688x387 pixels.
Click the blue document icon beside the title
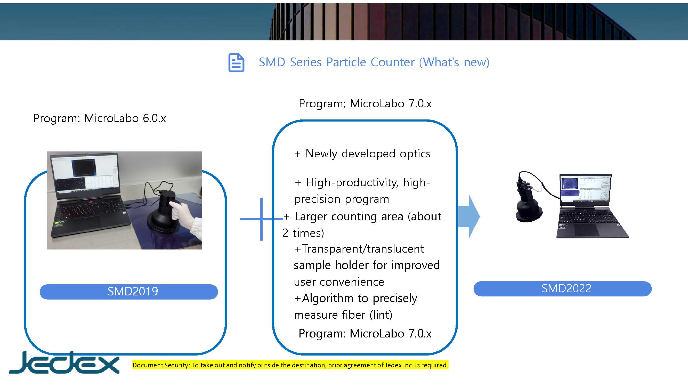click(x=236, y=62)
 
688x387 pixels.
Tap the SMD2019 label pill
click(x=129, y=291)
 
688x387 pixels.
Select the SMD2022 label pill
click(x=562, y=288)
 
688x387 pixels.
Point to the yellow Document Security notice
click(x=290, y=365)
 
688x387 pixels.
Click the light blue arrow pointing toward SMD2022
click(x=469, y=216)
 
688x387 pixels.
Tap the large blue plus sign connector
click(x=261, y=219)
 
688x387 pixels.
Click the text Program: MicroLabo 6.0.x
click(x=99, y=118)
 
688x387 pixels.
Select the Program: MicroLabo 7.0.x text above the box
click(x=365, y=104)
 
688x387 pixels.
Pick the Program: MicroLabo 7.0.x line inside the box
click(x=365, y=334)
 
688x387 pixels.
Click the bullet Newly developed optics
click(x=362, y=154)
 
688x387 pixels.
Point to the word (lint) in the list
click(x=381, y=315)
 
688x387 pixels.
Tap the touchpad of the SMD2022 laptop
click(x=587, y=229)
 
